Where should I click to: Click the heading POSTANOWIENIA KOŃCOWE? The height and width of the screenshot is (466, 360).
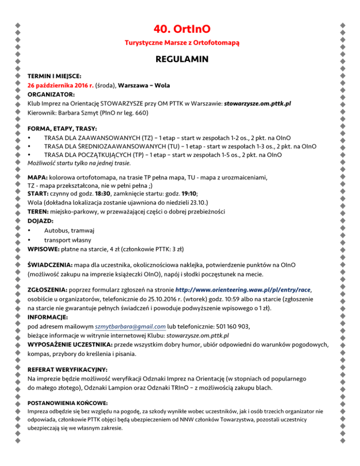click(68, 403)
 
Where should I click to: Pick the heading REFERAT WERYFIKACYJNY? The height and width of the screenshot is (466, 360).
click(67, 369)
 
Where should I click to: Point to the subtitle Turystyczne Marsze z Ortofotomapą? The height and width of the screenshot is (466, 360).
click(182, 44)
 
